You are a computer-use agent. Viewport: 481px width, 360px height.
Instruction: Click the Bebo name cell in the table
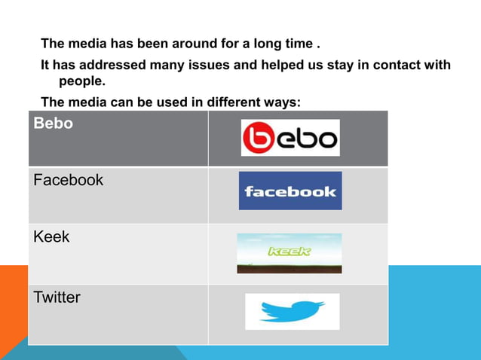coord(53,124)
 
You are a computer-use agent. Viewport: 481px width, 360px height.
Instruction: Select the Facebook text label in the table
coord(69,181)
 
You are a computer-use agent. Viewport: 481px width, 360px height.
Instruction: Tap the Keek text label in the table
coord(51,237)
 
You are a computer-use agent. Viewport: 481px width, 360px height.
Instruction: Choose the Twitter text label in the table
coord(57,297)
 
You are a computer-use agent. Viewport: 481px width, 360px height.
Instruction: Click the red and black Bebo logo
coord(290,139)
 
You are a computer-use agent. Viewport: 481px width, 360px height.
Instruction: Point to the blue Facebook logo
coord(290,191)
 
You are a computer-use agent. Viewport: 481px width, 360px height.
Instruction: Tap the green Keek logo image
coord(289,253)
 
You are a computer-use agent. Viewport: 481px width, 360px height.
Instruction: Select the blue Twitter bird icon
coord(292,311)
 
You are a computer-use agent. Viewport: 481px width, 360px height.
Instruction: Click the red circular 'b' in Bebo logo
coord(257,139)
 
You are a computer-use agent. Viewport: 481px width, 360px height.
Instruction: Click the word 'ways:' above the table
coord(283,103)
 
